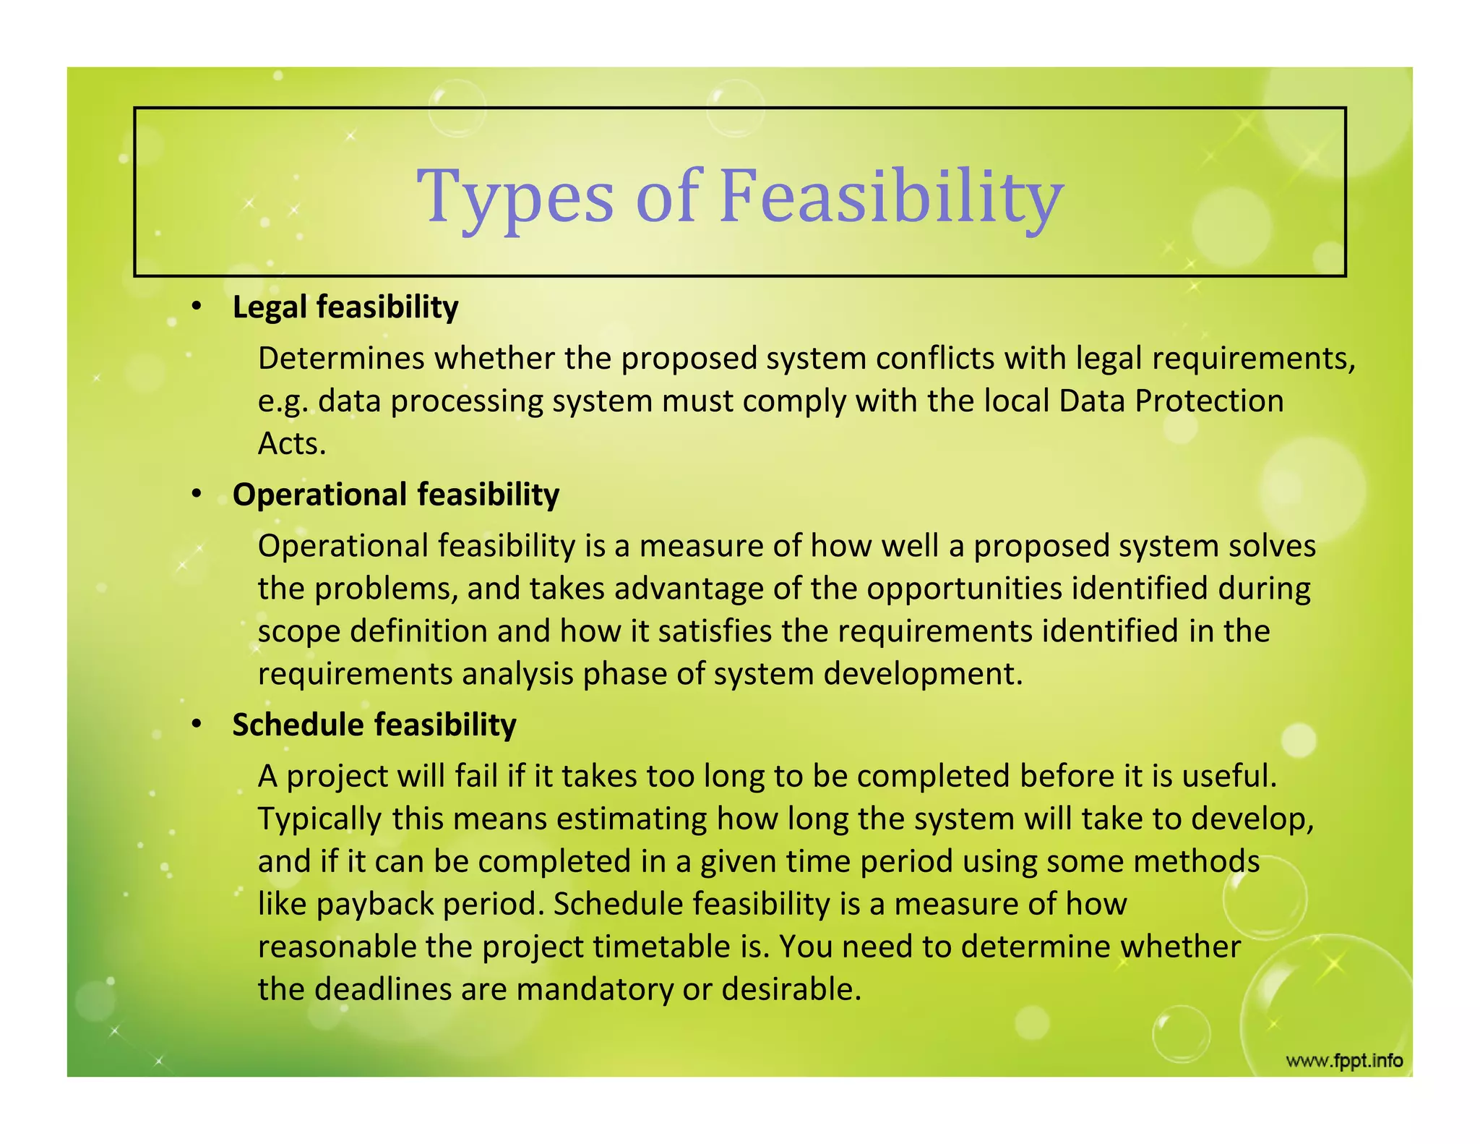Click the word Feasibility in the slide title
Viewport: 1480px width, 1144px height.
click(890, 197)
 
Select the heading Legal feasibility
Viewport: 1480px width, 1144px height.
click(345, 307)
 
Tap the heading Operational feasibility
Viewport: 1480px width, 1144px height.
click(396, 495)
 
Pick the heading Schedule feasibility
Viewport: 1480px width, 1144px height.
click(374, 725)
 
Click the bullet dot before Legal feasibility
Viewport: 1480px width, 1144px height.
click(197, 307)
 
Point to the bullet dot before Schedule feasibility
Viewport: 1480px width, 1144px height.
click(197, 725)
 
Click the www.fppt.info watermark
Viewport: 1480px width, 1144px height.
click(1344, 1061)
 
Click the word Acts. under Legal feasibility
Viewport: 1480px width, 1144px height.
click(292, 444)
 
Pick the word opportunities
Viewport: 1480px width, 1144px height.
click(964, 589)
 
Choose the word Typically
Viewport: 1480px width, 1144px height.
click(320, 819)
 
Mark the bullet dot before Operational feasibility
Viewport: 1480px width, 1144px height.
click(197, 495)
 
